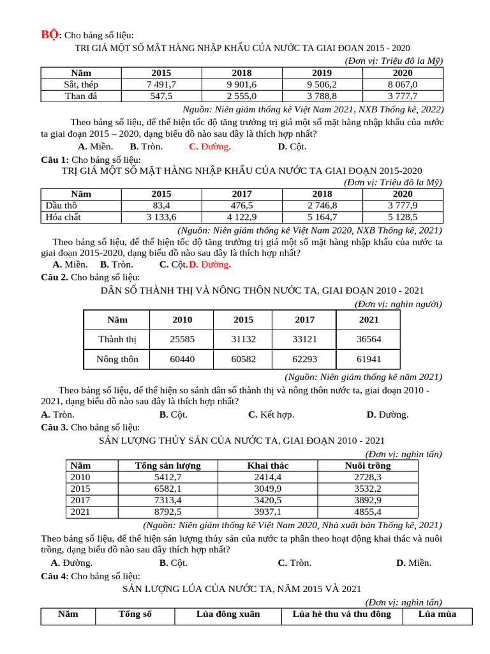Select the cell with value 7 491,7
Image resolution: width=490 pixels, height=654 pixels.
[x=161, y=84]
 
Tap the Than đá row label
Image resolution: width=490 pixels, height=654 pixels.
[x=81, y=96]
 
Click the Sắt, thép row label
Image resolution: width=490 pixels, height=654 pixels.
[x=81, y=84]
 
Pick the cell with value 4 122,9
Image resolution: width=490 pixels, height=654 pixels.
[x=242, y=217]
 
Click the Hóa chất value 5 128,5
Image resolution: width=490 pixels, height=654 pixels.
[x=403, y=217]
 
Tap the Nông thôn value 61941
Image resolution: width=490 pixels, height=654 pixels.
[x=368, y=359]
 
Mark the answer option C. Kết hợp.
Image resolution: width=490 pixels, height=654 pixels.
[x=271, y=414]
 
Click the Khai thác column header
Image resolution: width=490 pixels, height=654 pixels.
[x=268, y=466]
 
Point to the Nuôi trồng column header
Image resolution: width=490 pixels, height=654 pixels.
[x=367, y=466]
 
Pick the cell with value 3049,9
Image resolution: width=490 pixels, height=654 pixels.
[x=268, y=489]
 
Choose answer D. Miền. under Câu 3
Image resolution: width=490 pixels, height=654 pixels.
[x=413, y=563]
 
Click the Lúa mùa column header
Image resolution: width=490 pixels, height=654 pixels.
[x=438, y=614]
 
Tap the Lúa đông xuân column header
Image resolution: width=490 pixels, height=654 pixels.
[x=228, y=614]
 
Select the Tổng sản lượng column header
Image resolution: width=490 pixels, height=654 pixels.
[x=168, y=466]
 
